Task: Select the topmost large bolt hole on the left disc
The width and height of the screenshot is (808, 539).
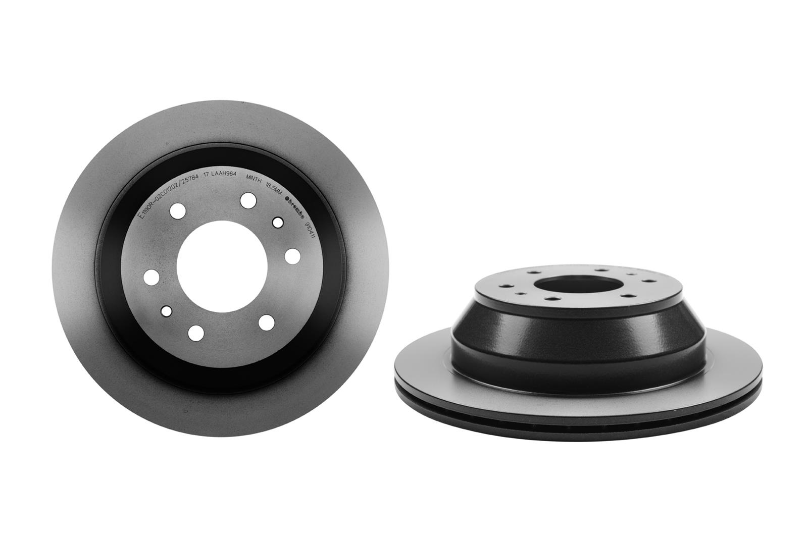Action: pos(247,200)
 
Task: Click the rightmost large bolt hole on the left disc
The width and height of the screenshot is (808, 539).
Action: pos(292,256)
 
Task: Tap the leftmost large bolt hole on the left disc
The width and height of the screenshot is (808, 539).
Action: pos(150,277)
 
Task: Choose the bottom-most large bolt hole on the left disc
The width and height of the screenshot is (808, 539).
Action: pos(195,332)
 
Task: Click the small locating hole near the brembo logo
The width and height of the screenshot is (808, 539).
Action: pos(277,222)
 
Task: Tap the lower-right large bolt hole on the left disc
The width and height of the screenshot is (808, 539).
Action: pos(266,321)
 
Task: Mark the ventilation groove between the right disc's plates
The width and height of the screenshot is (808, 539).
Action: pos(555,408)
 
